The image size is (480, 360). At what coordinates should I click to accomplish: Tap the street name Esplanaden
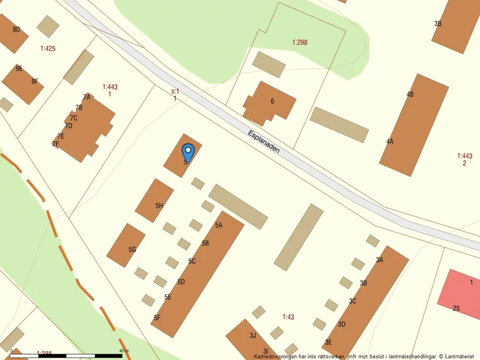coord(264,141)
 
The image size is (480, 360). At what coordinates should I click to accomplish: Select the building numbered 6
coord(269,103)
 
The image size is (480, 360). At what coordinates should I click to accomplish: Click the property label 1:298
coord(300,42)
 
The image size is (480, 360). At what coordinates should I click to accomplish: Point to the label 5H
coord(159,206)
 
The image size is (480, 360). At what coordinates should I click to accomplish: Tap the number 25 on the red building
coord(456,308)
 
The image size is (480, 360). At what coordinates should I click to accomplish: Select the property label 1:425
coord(48,48)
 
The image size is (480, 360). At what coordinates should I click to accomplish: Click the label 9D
coord(16,29)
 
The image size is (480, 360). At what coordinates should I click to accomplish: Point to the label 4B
coord(410,94)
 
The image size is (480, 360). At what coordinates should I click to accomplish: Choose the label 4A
coord(390,141)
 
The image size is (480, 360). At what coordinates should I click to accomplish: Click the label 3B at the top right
coord(438,23)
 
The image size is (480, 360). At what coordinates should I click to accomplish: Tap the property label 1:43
coord(289,317)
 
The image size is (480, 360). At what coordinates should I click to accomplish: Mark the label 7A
coord(87,97)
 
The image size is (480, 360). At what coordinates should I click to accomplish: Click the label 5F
coord(157,318)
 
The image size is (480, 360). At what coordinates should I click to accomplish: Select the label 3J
coord(253,335)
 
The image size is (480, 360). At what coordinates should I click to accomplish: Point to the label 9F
coord(35,81)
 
